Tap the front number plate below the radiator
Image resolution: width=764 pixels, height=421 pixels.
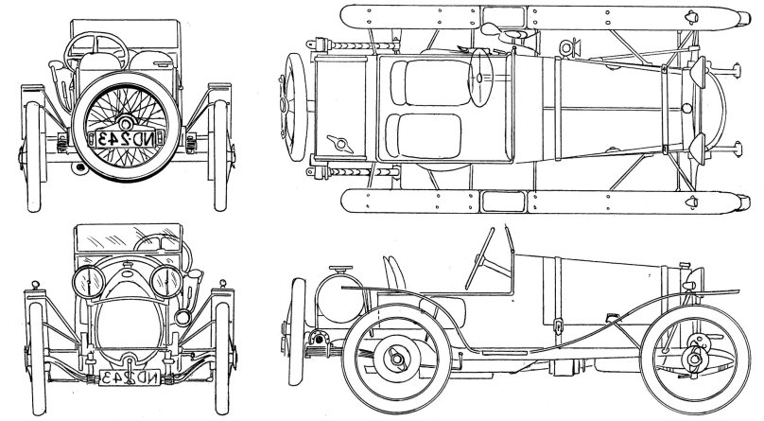[x=126, y=378]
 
